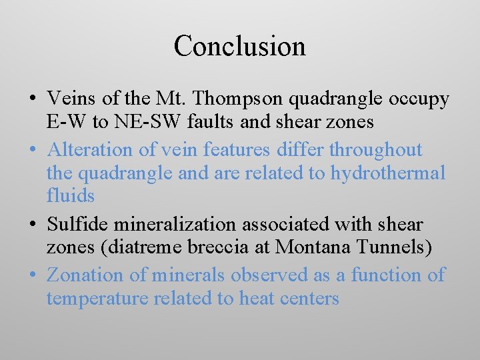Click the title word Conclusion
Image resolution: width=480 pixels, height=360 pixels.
tap(239, 46)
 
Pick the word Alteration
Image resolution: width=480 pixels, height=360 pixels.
tap(89, 149)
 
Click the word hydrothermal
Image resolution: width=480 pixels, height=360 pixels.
tap(388, 173)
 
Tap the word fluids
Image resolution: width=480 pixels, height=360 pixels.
tap(71, 195)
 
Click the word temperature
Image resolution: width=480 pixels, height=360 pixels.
tap(98, 298)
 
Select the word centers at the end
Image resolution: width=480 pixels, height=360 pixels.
tap(311, 298)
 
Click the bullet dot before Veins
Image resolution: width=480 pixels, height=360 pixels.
tap(32, 100)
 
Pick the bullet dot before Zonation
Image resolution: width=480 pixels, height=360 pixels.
tap(32, 275)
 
